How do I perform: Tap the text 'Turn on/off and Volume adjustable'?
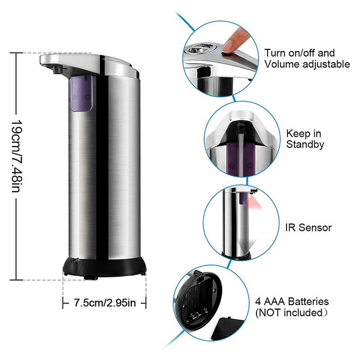pos(307,58)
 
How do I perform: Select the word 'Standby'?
pos(306,145)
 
